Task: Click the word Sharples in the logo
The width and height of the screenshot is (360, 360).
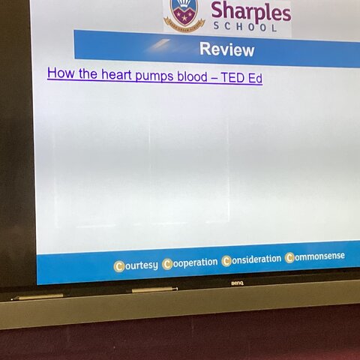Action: click(x=251, y=12)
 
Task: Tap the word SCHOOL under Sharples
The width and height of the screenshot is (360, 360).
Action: click(x=245, y=26)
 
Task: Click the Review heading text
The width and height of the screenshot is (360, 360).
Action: click(x=226, y=49)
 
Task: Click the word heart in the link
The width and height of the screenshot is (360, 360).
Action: click(x=116, y=74)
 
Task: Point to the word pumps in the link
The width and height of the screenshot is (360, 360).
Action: click(x=154, y=76)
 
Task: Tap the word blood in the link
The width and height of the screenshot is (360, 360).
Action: click(x=192, y=76)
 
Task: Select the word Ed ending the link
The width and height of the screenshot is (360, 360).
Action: click(x=254, y=78)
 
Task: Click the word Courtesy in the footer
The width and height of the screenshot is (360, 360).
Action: click(x=136, y=266)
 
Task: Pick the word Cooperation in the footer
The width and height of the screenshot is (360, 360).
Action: click(x=190, y=263)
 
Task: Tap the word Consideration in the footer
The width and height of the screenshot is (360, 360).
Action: click(x=251, y=260)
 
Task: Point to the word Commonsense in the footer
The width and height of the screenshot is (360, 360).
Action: click(x=315, y=257)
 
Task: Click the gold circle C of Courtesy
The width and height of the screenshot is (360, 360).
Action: click(x=119, y=266)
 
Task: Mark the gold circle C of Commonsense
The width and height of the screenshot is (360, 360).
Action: click(x=290, y=258)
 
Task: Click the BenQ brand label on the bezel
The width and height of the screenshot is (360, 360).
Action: click(x=237, y=283)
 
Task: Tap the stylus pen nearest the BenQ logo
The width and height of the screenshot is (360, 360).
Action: click(x=155, y=289)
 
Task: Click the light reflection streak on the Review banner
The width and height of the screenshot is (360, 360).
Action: click(x=158, y=45)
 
